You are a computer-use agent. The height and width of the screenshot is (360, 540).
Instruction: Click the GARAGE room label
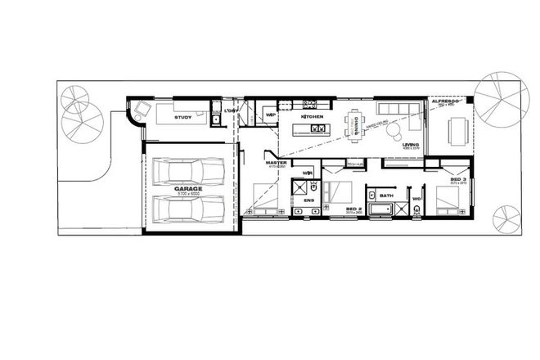pos(189,188)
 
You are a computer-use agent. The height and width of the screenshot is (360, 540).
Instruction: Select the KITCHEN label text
pos(313,117)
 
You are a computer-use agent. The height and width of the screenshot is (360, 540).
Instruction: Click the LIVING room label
pos(412,145)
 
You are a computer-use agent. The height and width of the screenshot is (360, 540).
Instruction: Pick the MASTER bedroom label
pos(275,163)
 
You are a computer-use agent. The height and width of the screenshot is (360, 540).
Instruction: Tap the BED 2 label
pos(354,209)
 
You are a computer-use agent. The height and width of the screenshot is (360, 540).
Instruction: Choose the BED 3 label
pos(457,178)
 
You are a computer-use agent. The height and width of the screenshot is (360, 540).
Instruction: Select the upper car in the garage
pos(187,172)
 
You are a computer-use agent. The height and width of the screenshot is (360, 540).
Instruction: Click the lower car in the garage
pos(187,209)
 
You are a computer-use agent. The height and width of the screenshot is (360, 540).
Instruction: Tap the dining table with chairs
pos(357,122)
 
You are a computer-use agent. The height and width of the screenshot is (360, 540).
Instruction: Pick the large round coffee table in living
pos(394,130)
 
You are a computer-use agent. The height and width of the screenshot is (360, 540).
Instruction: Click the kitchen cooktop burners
pos(311,104)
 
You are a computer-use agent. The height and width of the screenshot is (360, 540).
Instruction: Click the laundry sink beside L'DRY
pos(216,121)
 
